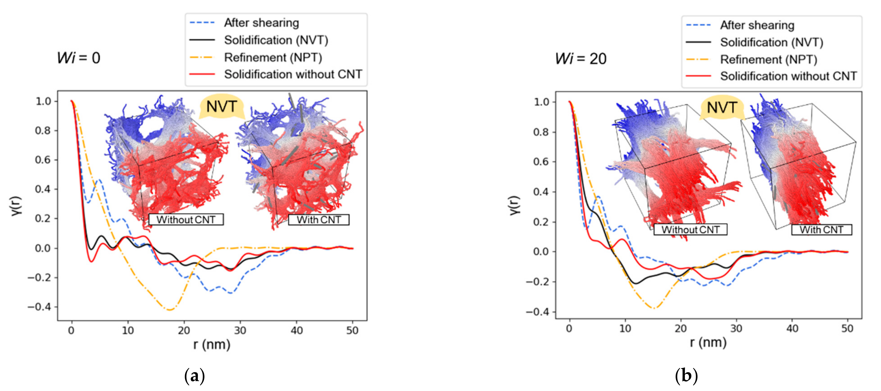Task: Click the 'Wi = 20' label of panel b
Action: point(581,59)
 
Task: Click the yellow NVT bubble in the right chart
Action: point(722,108)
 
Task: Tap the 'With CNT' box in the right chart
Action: point(821,230)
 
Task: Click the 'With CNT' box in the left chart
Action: point(319,220)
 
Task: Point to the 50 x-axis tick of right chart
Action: point(847,329)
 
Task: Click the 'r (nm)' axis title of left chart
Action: point(212,345)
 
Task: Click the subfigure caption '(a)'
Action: point(195,376)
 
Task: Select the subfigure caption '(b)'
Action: point(686,376)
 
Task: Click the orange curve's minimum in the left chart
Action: point(170,310)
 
